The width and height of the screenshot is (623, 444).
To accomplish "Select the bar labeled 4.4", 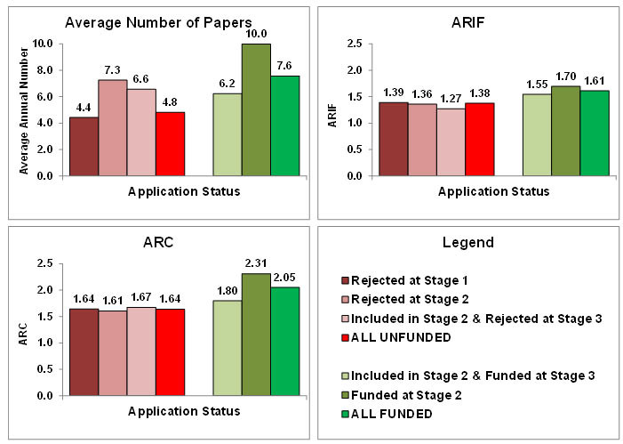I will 84,146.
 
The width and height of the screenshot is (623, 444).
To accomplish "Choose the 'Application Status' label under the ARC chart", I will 183,411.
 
